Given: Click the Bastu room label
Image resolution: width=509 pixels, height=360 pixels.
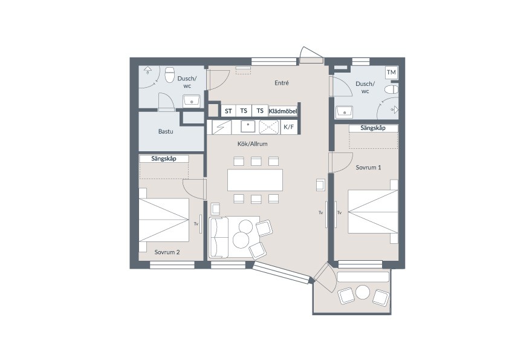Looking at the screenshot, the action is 166,131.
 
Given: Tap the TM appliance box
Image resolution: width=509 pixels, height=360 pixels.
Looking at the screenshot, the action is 392,73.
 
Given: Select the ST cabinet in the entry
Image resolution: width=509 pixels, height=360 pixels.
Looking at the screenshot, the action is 229,111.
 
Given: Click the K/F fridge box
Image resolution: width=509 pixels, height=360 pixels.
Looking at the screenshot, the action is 288,126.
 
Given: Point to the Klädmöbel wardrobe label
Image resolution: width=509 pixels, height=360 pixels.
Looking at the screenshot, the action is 283,111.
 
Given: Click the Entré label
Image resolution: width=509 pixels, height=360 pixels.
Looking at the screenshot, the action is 282,83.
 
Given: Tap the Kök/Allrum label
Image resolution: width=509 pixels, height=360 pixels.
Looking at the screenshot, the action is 252,143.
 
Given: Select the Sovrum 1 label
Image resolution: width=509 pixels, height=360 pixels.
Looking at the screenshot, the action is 368,168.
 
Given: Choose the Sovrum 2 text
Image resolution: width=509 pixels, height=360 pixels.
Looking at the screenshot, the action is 167,252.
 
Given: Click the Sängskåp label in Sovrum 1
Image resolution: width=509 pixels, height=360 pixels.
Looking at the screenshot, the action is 373,128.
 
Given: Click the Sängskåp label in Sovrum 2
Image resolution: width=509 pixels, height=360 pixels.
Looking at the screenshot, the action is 164,159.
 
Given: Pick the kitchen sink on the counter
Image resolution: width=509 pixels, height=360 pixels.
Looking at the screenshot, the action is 248,126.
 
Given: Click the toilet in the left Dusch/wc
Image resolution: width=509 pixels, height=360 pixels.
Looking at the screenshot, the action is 169,75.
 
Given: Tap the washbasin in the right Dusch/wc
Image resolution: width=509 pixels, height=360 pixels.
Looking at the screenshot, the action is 344,112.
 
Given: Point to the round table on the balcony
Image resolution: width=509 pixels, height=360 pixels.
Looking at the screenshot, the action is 363,292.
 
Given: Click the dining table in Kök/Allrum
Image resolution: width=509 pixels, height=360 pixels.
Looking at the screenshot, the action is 255,180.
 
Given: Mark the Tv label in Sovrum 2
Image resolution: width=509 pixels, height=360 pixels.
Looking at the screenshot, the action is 196,223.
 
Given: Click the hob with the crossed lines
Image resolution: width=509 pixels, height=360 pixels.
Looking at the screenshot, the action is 269,126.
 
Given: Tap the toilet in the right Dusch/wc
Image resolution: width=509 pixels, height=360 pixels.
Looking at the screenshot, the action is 392,90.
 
